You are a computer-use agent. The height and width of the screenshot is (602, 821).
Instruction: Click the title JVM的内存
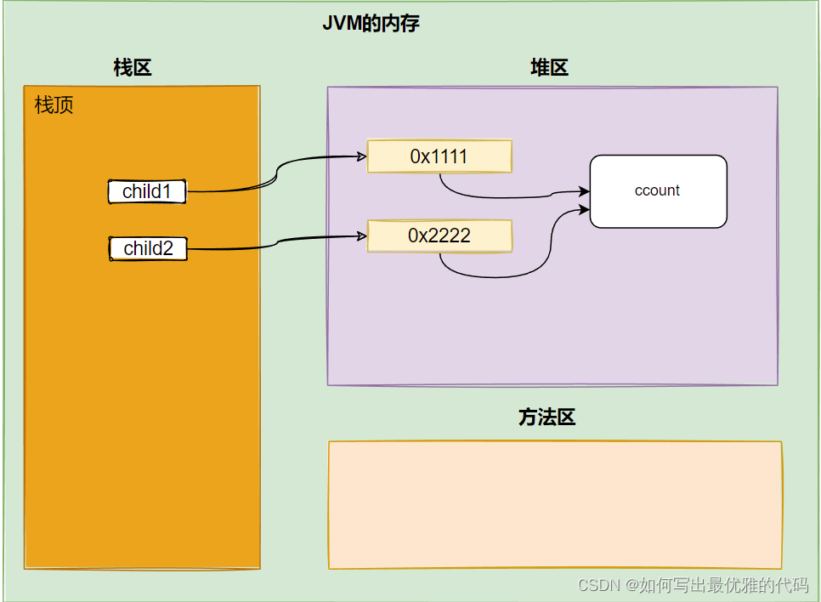pyautogui.click(x=371, y=24)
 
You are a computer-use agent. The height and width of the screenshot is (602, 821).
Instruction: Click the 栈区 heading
pyautogui.click(x=133, y=68)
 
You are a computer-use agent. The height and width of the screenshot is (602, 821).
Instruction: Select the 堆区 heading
pyautogui.click(x=549, y=68)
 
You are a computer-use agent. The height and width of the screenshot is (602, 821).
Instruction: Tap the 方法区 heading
pyautogui.click(x=547, y=417)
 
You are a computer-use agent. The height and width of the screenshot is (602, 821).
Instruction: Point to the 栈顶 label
pyautogui.click(x=54, y=105)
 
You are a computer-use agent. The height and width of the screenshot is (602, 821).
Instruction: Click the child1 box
pyautogui.click(x=147, y=191)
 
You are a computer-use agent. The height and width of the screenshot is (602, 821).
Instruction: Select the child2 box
pyautogui.click(x=148, y=248)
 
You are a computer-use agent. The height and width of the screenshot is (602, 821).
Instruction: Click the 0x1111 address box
pyautogui.click(x=439, y=156)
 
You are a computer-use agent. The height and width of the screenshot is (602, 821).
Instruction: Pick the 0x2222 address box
pyautogui.click(x=439, y=236)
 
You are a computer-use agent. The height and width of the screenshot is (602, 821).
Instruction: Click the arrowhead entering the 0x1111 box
pyautogui.click(x=361, y=156)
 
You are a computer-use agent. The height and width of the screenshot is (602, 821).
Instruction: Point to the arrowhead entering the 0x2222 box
pyautogui.click(x=361, y=236)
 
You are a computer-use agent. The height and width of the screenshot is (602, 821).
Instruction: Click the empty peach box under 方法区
pyautogui.click(x=554, y=504)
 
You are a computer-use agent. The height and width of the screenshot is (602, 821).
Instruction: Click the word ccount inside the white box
pyautogui.click(x=657, y=190)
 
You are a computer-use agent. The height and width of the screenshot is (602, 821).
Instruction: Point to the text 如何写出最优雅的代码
pyautogui.click(x=723, y=585)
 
